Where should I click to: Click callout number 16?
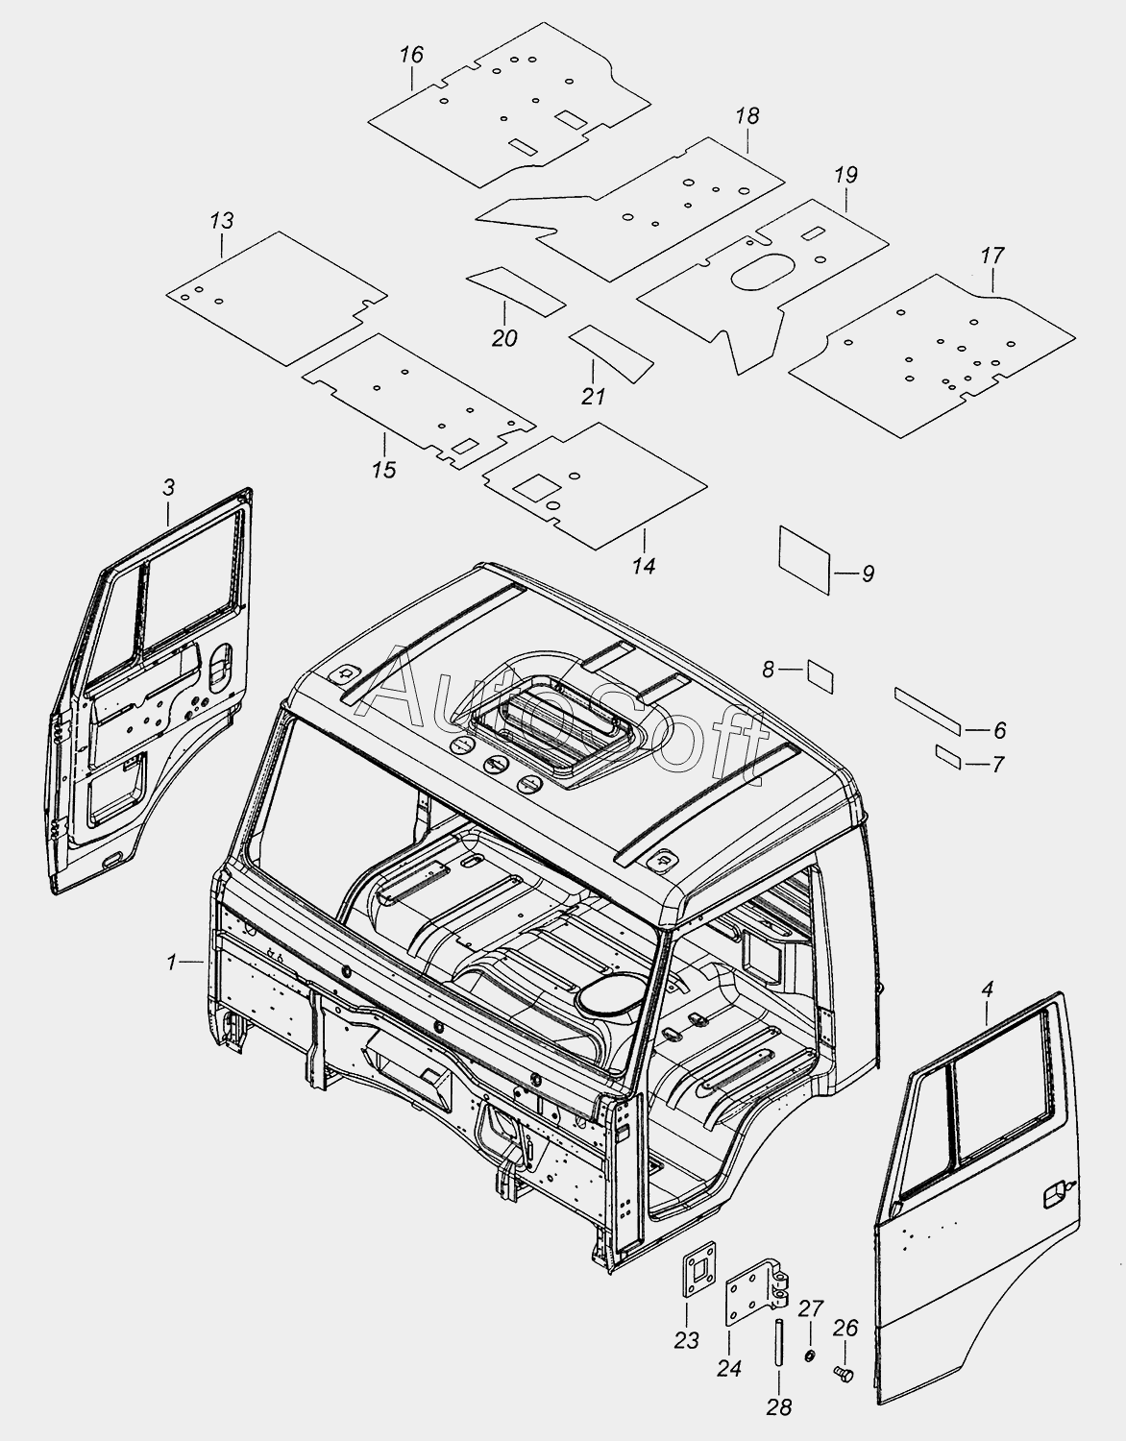pyautogui.click(x=411, y=55)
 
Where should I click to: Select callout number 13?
pyautogui.click(x=222, y=220)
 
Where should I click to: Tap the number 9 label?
pyautogui.click(x=869, y=574)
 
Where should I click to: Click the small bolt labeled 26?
pyautogui.click(x=844, y=1374)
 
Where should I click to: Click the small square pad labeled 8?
pyautogui.click(x=820, y=675)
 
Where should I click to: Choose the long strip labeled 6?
pyautogui.click(x=927, y=710)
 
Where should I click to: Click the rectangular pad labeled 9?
pyautogui.click(x=804, y=560)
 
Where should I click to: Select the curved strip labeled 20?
pyautogui.click(x=516, y=291)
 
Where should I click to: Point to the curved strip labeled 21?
pyautogui.click(x=611, y=353)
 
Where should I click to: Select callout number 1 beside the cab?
pyautogui.click(x=171, y=962)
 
